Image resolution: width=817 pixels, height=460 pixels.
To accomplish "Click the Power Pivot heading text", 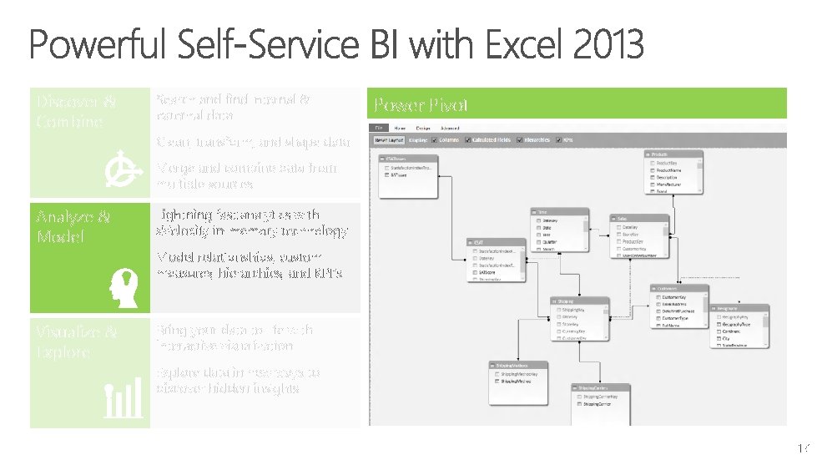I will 421,104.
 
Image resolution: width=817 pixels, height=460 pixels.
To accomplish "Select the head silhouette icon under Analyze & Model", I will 122,288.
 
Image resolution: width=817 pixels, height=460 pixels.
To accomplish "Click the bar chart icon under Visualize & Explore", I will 123,402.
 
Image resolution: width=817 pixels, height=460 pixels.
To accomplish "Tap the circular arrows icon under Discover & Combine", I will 122,170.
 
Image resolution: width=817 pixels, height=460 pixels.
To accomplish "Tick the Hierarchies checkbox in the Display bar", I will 522,140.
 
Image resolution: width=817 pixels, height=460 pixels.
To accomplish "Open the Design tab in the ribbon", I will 422,128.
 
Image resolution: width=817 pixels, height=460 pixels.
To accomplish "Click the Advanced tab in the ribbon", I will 450,128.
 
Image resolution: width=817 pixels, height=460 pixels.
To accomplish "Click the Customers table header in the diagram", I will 679,289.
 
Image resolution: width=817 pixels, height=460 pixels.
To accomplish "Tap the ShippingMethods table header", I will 517,366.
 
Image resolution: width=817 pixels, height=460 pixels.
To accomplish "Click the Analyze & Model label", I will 73,226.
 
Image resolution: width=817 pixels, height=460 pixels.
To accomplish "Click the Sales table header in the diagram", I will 638,218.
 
